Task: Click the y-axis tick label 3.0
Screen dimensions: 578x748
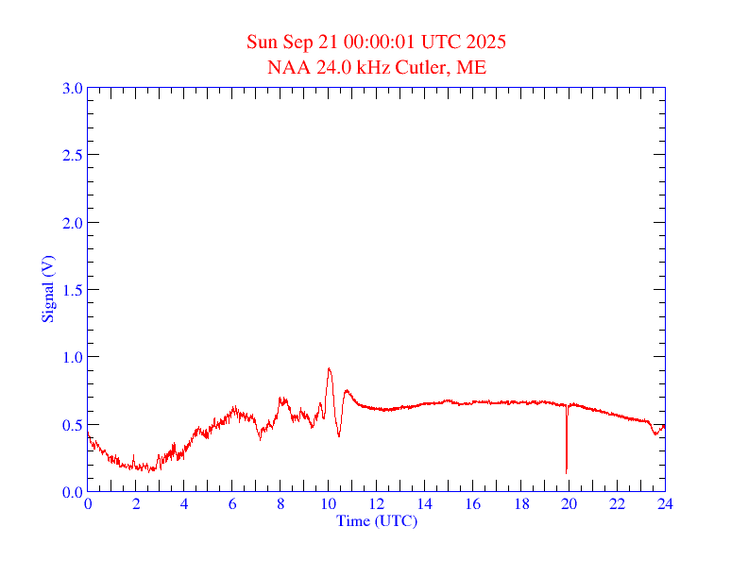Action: (73, 88)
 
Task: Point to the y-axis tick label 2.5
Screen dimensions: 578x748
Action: (73, 155)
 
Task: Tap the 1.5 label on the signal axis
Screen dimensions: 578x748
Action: (73, 290)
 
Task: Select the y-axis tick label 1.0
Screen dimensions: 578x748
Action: (73, 357)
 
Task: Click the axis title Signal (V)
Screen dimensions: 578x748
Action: (47, 289)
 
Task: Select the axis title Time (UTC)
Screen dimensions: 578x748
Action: (377, 520)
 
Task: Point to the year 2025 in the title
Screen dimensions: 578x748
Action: (485, 42)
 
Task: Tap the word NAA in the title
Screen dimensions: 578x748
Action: (286, 67)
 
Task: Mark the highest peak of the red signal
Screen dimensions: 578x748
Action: (329, 368)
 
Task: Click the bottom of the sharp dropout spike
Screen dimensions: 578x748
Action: (566, 471)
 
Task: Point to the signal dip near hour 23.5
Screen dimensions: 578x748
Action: (655, 434)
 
